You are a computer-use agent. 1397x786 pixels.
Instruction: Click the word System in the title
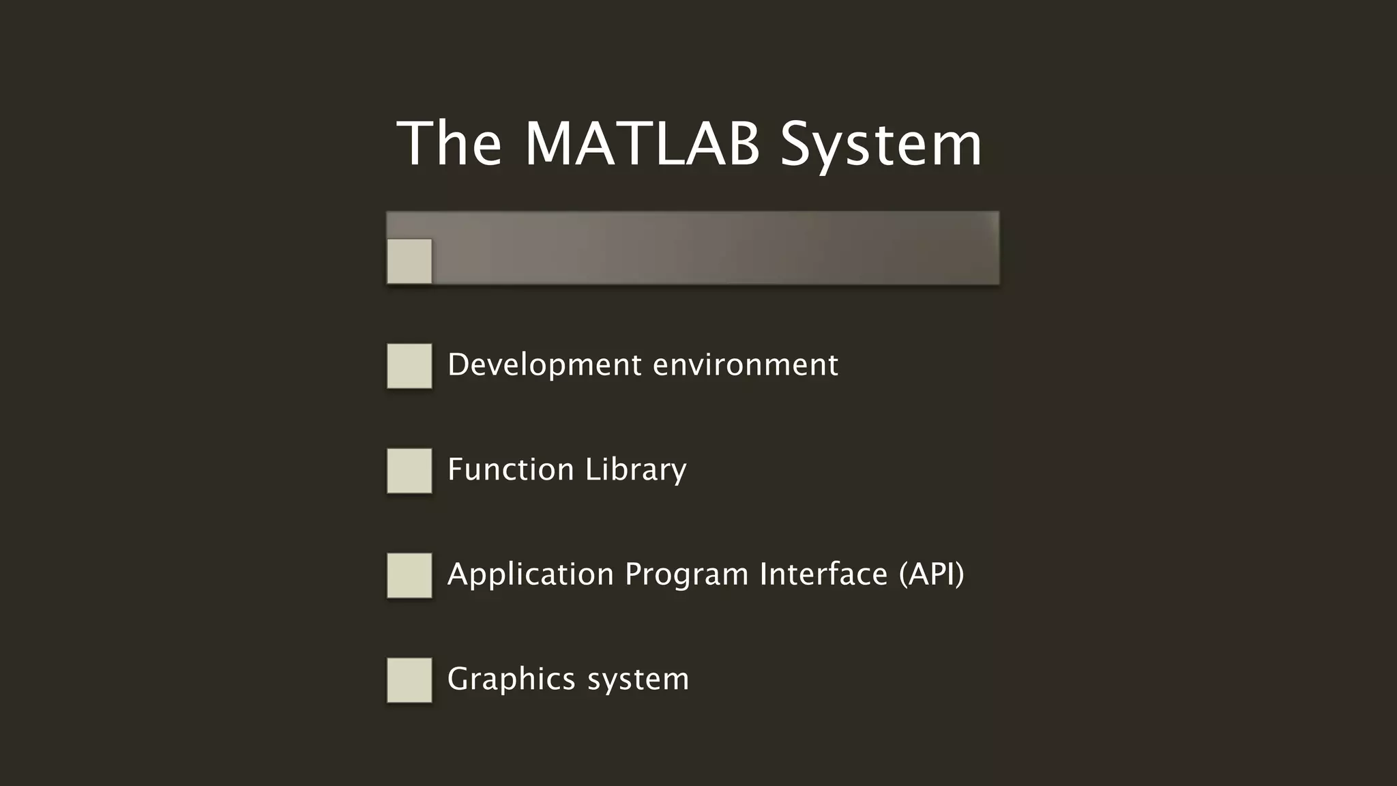tap(881, 145)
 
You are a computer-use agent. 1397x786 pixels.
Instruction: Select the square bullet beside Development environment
tap(409, 366)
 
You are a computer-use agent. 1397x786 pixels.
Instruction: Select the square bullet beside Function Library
tap(409, 471)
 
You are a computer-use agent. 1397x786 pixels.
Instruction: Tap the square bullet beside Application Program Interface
tap(409, 576)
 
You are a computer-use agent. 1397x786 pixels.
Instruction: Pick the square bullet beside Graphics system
tap(409, 680)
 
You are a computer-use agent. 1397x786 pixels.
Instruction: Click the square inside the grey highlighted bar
tap(409, 261)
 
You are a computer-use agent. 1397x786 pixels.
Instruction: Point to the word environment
tap(746, 365)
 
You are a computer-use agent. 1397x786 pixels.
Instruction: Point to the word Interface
tap(823, 574)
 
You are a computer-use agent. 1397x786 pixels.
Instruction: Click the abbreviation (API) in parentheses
tap(932, 574)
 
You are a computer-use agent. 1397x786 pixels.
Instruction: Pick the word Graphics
tap(512, 680)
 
